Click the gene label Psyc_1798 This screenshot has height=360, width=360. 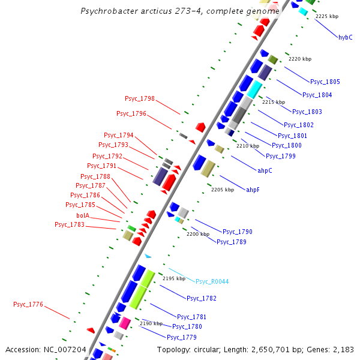pyautogui.click(x=139, y=98)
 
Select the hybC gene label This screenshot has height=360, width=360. pyautogui.click(x=345, y=37)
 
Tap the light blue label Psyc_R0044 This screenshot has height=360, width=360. pyautogui.click(x=212, y=281)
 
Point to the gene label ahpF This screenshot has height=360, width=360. pyautogui.click(x=253, y=190)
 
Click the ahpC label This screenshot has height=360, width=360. pyautogui.click(x=265, y=170)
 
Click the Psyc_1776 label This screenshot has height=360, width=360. pyautogui.click(x=28, y=305)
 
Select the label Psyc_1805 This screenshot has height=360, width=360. pyautogui.click(x=325, y=82)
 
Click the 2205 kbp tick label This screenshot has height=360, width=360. pyautogui.click(x=221, y=190)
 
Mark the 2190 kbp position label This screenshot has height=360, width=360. pyautogui.click(x=151, y=323)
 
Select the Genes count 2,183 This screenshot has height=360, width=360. pyautogui.click(x=341, y=349)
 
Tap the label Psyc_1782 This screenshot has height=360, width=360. pyautogui.click(x=201, y=298)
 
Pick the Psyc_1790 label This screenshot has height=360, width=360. pyautogui.click(x=237, y=232)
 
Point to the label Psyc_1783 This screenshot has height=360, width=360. pyautogui.click(x=69, y=224)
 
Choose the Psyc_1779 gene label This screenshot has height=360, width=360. pyautogui.click(x=181, y=337)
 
